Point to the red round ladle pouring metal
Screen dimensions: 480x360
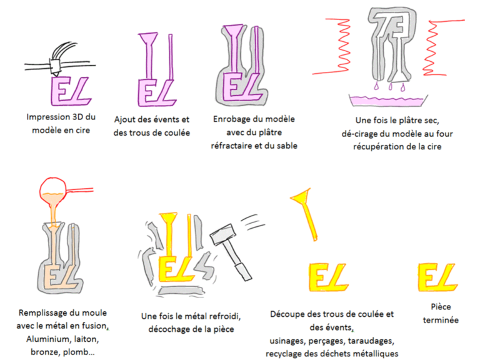click(x=52, y=191)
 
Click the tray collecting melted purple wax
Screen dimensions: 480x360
click(x=387, y=101)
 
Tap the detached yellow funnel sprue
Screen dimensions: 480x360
click(x=305, y=214)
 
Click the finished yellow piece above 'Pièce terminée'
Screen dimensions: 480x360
click(x=437, y=277)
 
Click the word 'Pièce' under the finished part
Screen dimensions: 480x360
click(x=441, y=307)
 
